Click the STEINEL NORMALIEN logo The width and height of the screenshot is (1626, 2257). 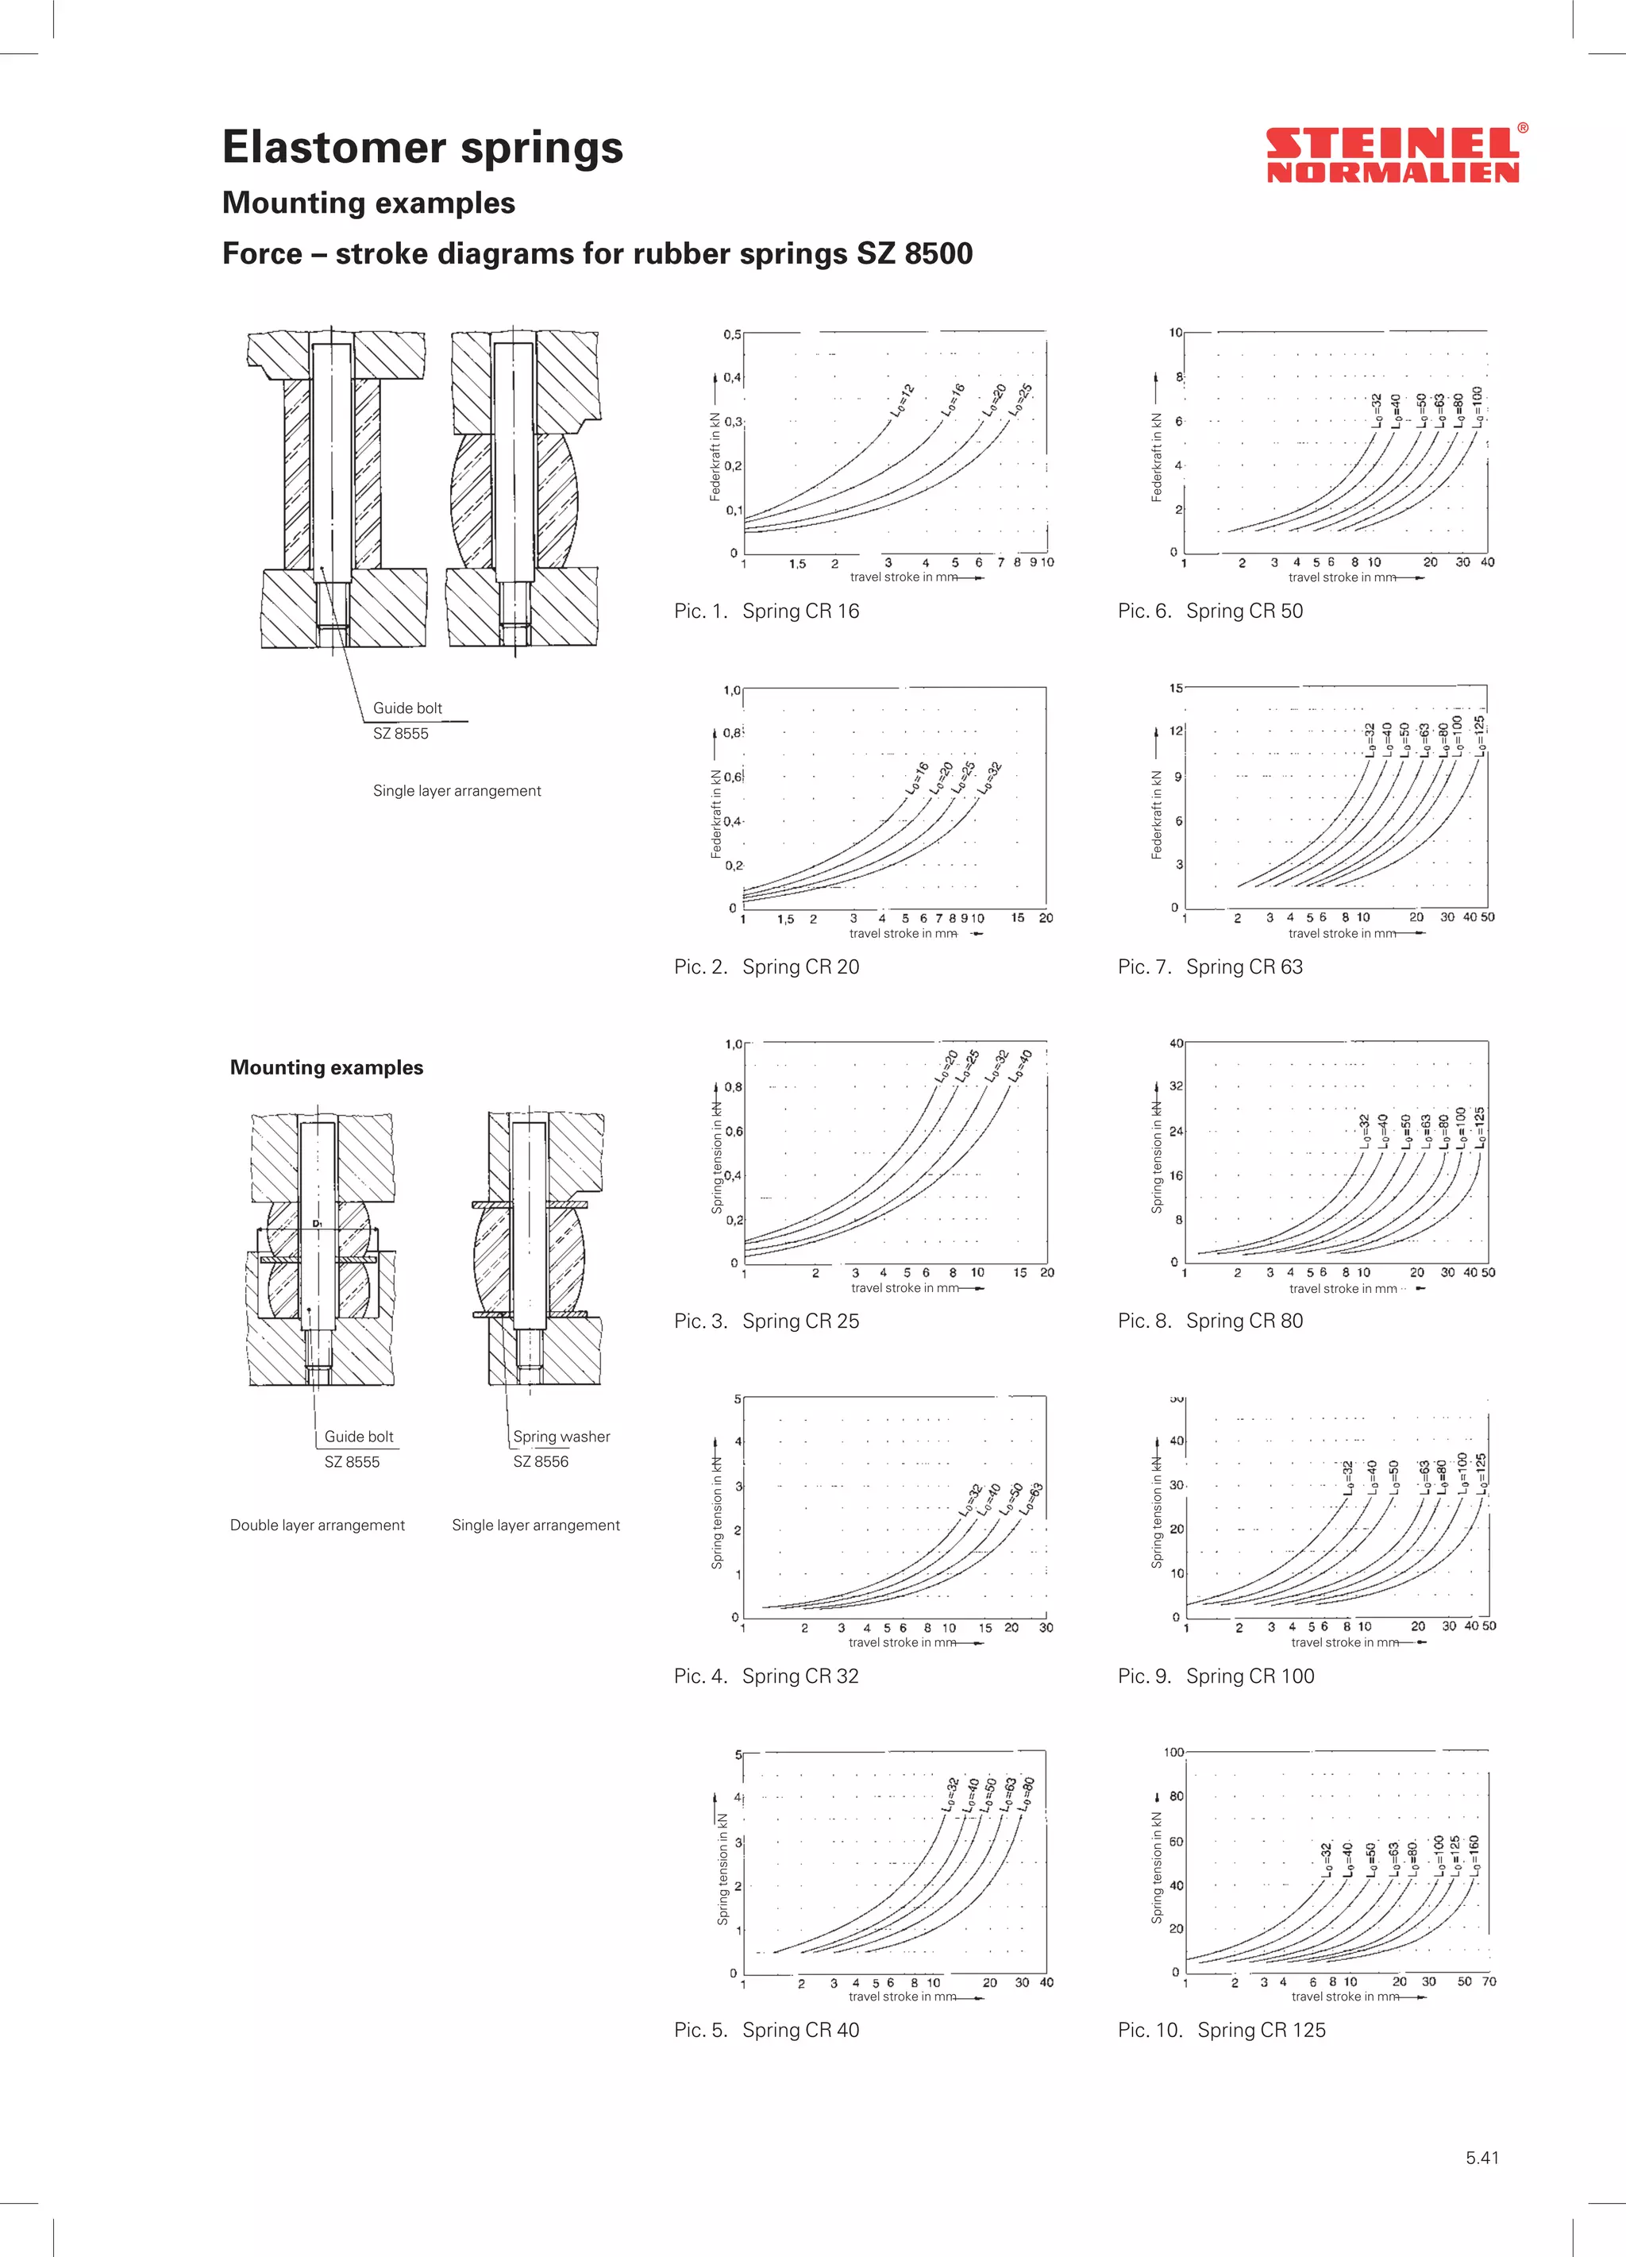click(1393, 155)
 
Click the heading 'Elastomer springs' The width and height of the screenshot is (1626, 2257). click(422, 147)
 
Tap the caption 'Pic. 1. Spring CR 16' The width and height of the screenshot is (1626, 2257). click(766, 611)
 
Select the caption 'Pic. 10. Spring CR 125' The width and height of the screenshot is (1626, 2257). click(1221, 2030)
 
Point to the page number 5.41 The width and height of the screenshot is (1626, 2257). click(1482, 2158)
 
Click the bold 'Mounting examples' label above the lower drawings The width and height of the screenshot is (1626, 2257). click(326, 1068)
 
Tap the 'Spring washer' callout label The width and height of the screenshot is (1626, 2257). click(561, 1436)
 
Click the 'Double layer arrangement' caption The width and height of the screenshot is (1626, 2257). click(317, 1525)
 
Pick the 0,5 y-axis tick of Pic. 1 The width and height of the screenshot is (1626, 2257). click(732, 334)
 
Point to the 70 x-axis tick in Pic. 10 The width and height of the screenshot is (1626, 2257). click(1489, 1981)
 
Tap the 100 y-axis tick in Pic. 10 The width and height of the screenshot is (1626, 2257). click(1173, 1753)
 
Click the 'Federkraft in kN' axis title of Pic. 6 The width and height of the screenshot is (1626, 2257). click(1156, 457)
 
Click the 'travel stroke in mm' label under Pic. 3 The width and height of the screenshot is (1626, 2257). click(904, 1287)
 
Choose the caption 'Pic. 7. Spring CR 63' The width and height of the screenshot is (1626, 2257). click(1210, 966)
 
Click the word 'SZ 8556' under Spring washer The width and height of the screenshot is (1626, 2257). click(541, 1462)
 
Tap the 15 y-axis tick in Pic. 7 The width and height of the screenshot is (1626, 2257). click(1176, 688)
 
